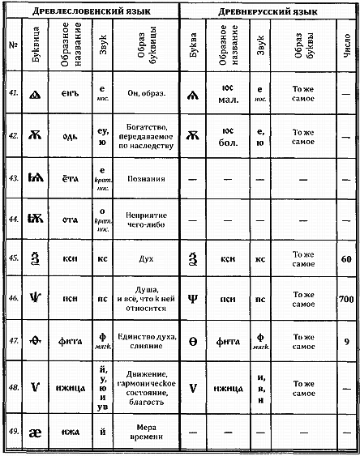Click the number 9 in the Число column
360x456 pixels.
(x=347, y=342)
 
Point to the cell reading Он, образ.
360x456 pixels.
(x=146, y=93)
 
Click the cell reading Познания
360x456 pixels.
(x=146, y=177)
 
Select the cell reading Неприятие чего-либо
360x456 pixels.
(x=146, y=217)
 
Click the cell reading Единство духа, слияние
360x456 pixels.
(x=146, y=341)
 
